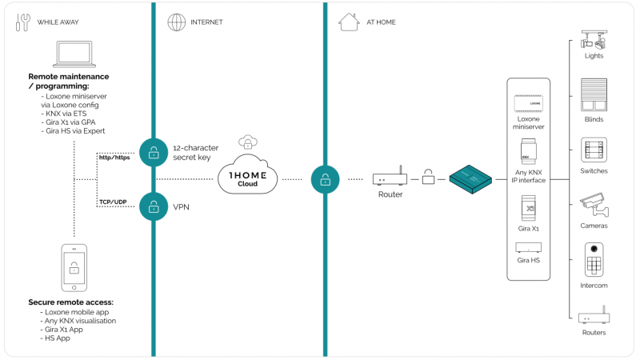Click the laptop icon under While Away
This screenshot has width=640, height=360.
74,54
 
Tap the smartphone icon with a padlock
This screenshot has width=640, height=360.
74,268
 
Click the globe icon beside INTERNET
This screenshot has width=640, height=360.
176,22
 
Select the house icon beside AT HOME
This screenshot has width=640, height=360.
349,22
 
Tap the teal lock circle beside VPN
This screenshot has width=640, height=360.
154,207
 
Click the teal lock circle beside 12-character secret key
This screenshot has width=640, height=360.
154,153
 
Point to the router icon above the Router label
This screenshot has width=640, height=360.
390,176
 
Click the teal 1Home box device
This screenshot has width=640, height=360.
470,179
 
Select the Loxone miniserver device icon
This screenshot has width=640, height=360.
529,103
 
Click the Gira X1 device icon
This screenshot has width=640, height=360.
529,208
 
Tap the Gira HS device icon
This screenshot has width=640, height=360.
529,247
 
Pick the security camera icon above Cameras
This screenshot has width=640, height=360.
594,206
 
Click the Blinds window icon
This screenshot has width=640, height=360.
594,94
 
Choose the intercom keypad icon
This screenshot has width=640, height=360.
594,260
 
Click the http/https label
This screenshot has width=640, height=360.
114,158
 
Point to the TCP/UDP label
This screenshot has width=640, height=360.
113,202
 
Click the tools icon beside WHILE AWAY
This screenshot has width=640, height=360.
23,22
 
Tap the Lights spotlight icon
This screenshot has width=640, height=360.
594,39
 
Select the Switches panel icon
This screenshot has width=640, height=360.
594,150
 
